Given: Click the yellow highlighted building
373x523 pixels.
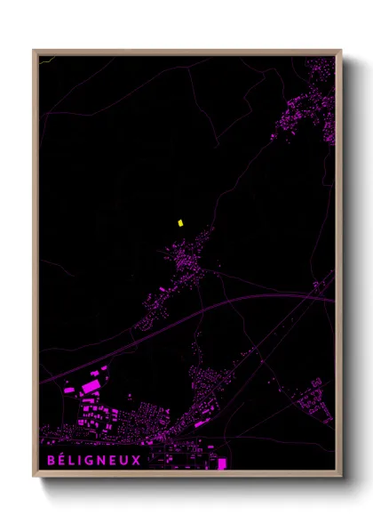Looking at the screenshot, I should point(179,223).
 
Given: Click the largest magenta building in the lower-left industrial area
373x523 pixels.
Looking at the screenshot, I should point(91,387).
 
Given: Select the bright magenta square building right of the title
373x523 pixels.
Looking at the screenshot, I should point(222,463).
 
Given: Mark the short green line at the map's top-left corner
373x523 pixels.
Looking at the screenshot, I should point(45,60).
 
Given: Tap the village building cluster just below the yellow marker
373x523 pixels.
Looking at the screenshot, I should point(188,262).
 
